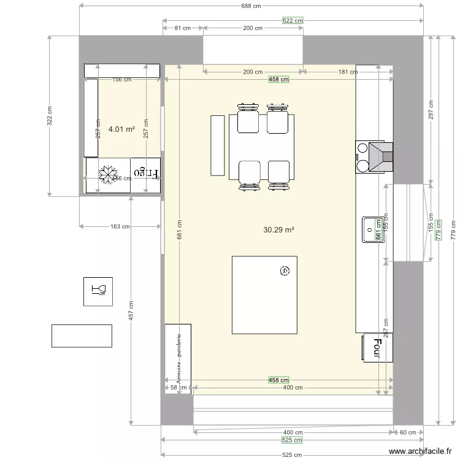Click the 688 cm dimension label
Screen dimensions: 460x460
(x=251, y=6)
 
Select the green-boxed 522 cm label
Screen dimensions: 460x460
(x=293, y=20)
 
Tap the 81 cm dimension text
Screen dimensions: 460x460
(x=182, y=28)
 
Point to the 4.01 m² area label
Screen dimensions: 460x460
(x=121, y=129)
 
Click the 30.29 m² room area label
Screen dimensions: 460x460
(x=278, y=230)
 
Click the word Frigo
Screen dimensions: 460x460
(x=147, y=173)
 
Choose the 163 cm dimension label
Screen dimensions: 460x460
(x=120, y=226)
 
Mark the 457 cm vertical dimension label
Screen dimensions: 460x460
(x=131, y=310)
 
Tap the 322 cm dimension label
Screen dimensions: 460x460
(x=50, y=116)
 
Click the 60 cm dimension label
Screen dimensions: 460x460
(x=408, y=432)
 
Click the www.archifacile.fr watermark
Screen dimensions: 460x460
(x=423, y=453)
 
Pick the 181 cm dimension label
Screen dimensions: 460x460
(x=348, y=72)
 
